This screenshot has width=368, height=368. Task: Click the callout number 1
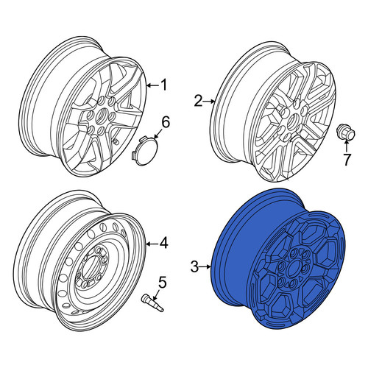[163, 85]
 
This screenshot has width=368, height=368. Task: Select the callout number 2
[199, 101]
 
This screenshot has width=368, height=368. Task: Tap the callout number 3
[194, 266]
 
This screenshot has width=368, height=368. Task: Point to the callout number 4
[163, 244]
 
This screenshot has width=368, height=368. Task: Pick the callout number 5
[162, 282]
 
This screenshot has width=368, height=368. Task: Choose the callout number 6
[166, 122]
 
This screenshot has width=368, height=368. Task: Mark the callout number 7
[347, 160]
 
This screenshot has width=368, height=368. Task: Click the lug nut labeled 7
[346, 132]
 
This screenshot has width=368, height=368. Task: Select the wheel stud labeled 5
[152, 303]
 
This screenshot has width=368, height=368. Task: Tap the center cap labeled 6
[142, 151]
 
